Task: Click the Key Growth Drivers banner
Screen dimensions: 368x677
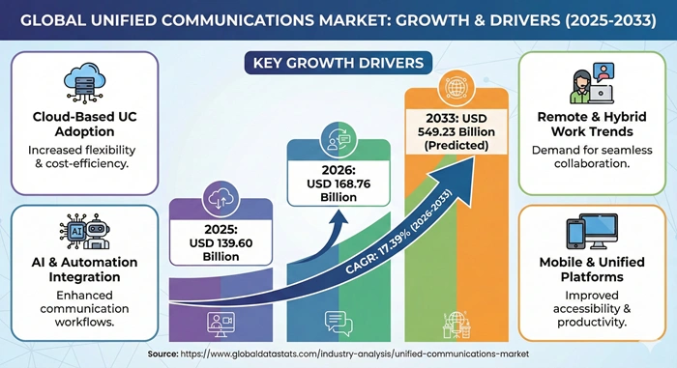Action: click(x=338, y=64)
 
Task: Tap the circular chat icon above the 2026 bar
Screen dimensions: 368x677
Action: click(x=338, y=141)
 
